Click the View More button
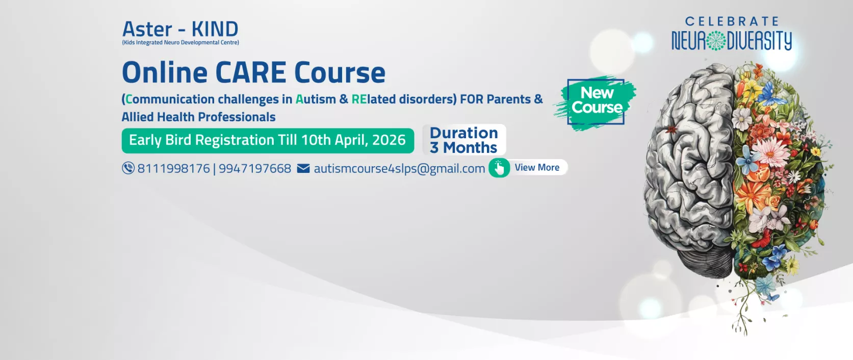[x=529, y=168]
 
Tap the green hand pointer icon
[x=499, y=168]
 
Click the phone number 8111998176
[x=174, y=168]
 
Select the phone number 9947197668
[x=255, y=168]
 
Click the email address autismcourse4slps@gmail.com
[x=399, y=169]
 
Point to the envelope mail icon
[x=303, y=168]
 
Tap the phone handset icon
[x=128, y=168]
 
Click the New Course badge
[x=596, y=101]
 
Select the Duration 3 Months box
[x=464, y=140]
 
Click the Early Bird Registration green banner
[x=268, y=141]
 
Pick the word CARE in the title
[x=251, y=72]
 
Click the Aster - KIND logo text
[x=180, y=29]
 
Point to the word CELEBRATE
[x=732, y=21]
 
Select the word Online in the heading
[x=165, y=72]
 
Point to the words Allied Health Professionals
[x=198, y=117]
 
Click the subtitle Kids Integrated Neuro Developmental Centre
[x=180, y=43]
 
